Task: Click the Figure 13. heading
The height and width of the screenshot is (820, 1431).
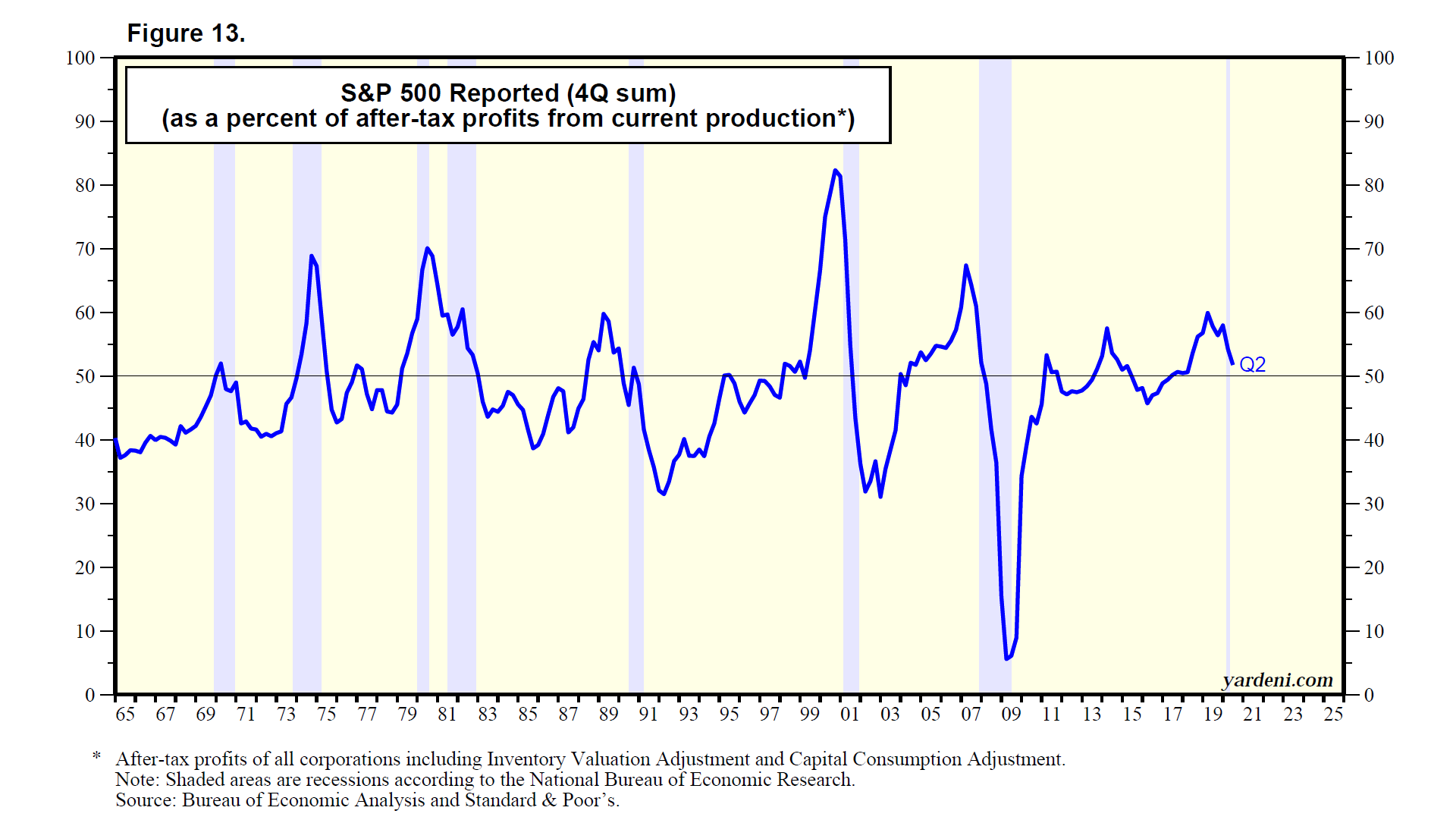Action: tap(186, 33)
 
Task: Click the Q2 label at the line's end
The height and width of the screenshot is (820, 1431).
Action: tap(1252, 365)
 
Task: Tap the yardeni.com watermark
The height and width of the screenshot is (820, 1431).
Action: tap(1277, 680)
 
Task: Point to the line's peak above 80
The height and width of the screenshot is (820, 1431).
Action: tap(835, 171)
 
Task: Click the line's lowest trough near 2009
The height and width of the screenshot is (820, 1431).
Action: tap(1006, 658)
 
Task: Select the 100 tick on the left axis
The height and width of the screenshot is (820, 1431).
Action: tap(80, 58)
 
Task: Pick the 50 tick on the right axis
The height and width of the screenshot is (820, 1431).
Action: tap(1374, 377)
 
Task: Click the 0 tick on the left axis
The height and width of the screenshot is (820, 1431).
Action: tap(89, 695)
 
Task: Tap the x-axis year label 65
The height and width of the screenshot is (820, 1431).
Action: tap(125, 715)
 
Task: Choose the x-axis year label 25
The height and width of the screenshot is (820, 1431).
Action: tap(1333, 715)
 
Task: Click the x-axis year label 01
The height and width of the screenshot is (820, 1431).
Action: tap(850, 715)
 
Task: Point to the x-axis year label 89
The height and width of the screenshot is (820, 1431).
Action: tap(608, 715)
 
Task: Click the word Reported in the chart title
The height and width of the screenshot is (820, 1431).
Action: tap(504, 93)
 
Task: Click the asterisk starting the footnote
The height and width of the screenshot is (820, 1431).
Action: tap(96, 757)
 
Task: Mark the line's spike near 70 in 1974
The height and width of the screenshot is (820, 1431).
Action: tap(311, 256)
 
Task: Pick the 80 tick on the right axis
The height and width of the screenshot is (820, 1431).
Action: tap(1374, 186)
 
